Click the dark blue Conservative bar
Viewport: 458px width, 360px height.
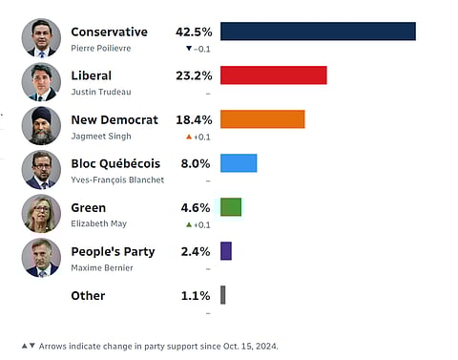coord(318,32)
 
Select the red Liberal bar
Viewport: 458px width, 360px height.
coord(274,75)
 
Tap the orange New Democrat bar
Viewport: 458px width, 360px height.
coord(262,119)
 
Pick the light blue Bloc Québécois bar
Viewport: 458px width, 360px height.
coord(239,163)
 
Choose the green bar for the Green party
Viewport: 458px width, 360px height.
coord(231,207)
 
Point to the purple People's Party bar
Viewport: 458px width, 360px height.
coord(226,251)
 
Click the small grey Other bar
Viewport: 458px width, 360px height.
coord(223,295)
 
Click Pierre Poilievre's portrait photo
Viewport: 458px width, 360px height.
coord(41,38)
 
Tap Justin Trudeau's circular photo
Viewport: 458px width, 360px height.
coord(41,82)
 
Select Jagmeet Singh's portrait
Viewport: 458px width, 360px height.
coord(41,126)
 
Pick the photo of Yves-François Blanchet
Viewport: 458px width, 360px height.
coord(41,170)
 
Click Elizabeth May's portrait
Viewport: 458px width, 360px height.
coord(41,214)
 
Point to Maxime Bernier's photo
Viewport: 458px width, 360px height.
coord(41,258)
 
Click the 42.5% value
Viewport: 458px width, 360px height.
coord(195,32)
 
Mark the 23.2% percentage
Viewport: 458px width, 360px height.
coord(195,75)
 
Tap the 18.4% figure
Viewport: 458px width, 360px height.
coord(195,119)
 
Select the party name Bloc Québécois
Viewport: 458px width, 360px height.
coord(115,163)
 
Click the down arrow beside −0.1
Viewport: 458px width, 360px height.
coord(189,49)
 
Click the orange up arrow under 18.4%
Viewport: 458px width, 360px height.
coord(189,137)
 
